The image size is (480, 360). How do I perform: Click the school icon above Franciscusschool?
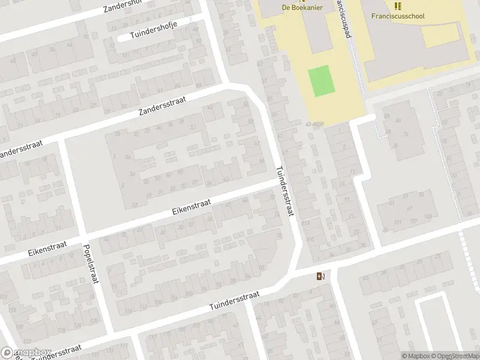[x=397, y=6]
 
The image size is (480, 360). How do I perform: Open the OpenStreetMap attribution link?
[x=454, y=356]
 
